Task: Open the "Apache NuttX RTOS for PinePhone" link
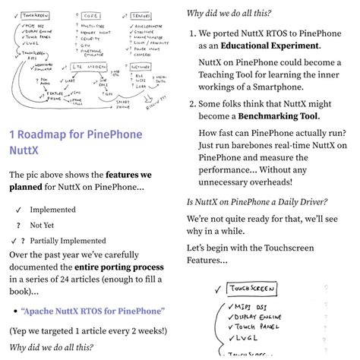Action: coord(93,311)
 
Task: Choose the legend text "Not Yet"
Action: coord(42,226)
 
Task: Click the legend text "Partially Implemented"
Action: coord(68,241)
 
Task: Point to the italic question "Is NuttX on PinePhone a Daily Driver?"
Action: coord(257,201)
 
